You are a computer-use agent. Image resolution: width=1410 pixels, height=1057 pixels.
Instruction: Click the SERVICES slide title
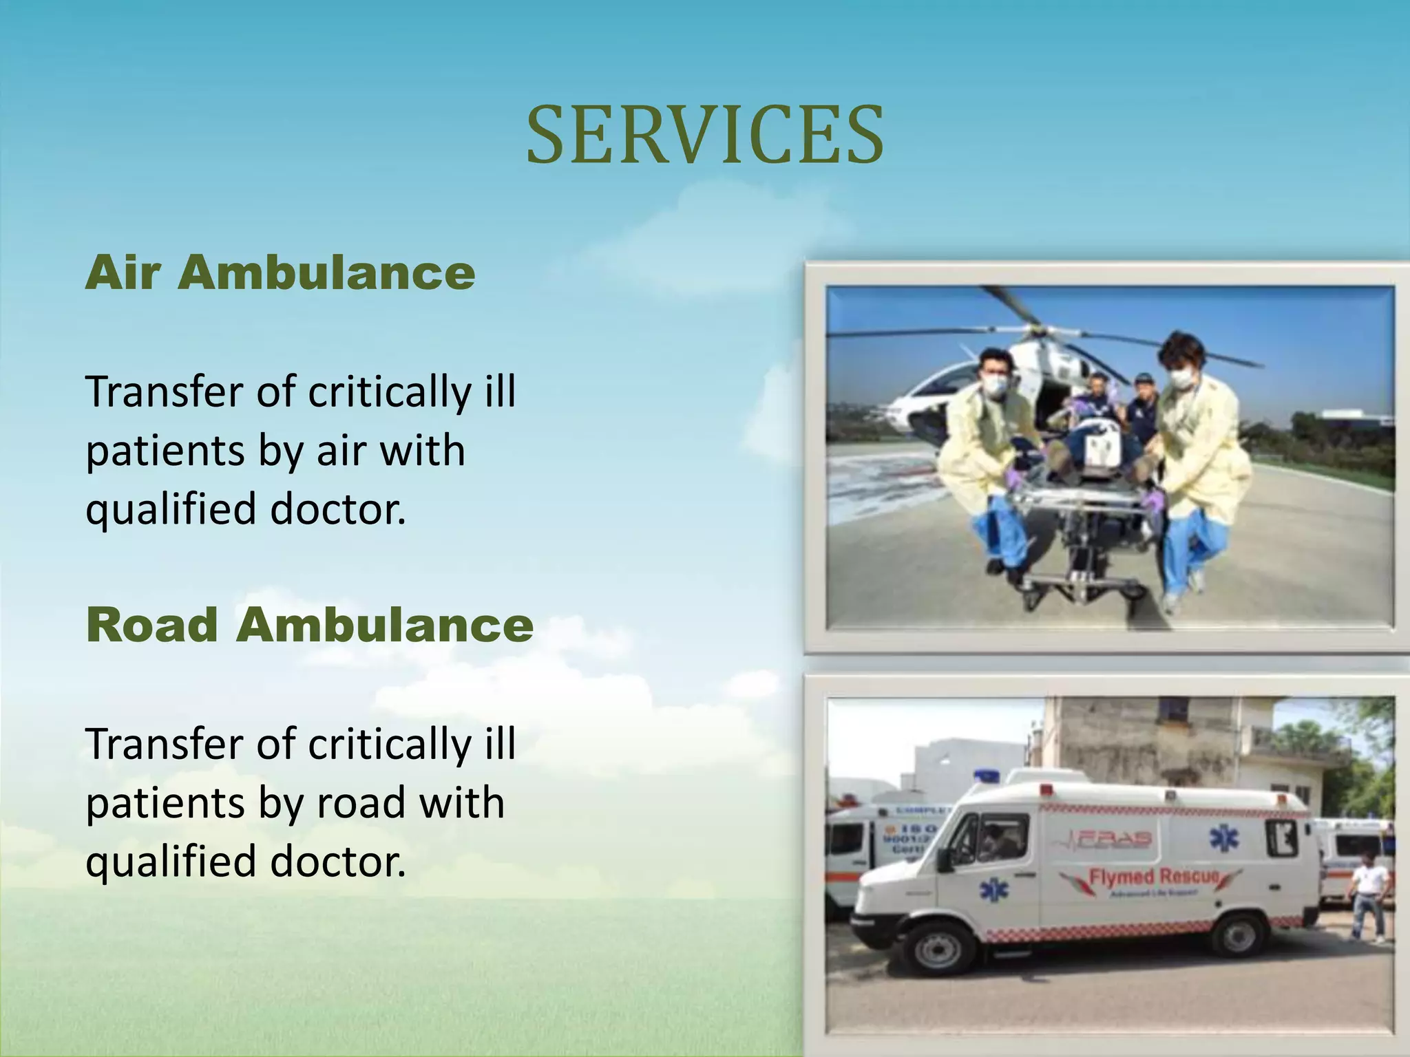point(704,135)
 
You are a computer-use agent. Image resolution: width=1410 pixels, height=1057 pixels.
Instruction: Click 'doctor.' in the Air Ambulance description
point(338,509)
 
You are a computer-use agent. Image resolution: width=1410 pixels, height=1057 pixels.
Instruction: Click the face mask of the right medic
point(1181,378)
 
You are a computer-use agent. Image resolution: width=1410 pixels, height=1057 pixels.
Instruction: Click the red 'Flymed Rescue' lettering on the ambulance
point(1154,877)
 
